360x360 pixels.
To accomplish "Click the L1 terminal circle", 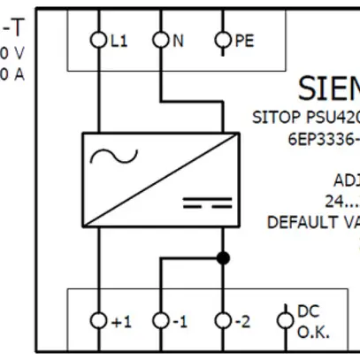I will [x=98, y=40].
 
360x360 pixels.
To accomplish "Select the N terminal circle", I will [x=160, y=40].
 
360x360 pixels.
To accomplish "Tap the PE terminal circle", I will [x=222, y=40].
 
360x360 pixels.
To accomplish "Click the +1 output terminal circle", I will [x=98, y=320].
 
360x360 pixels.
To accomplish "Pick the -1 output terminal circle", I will [x=160, y=320].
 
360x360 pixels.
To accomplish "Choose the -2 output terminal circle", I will [x=222, y=320].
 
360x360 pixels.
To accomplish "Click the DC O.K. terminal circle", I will [x=284, y=320].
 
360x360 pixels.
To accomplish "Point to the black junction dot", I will [x=223, y=257].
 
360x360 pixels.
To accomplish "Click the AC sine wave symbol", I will [x=121, y=157].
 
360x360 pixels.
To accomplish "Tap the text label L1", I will [x=119, y=41].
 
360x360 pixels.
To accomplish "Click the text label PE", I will [x=244, y=41].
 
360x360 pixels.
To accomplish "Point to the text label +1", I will [x=121, y=321].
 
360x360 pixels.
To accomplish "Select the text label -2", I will [x=243, y=321].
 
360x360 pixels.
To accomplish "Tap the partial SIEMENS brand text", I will [x=327, y=88].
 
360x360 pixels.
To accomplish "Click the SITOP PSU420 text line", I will [x=306, y=116].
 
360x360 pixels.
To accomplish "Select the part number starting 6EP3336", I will [x=323, y=138].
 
